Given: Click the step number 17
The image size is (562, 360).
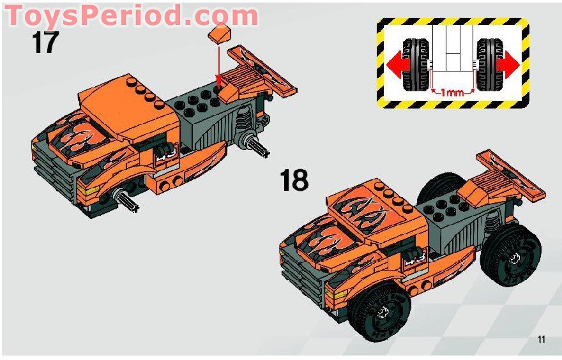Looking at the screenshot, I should tap(45, 43).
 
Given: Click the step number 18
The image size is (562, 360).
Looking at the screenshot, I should tap(294, 180).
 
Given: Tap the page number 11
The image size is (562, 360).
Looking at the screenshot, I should tap(541, 340).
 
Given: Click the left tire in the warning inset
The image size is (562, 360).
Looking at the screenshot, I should tap(416, 66).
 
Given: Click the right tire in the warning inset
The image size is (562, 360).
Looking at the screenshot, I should tap(490, 66).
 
